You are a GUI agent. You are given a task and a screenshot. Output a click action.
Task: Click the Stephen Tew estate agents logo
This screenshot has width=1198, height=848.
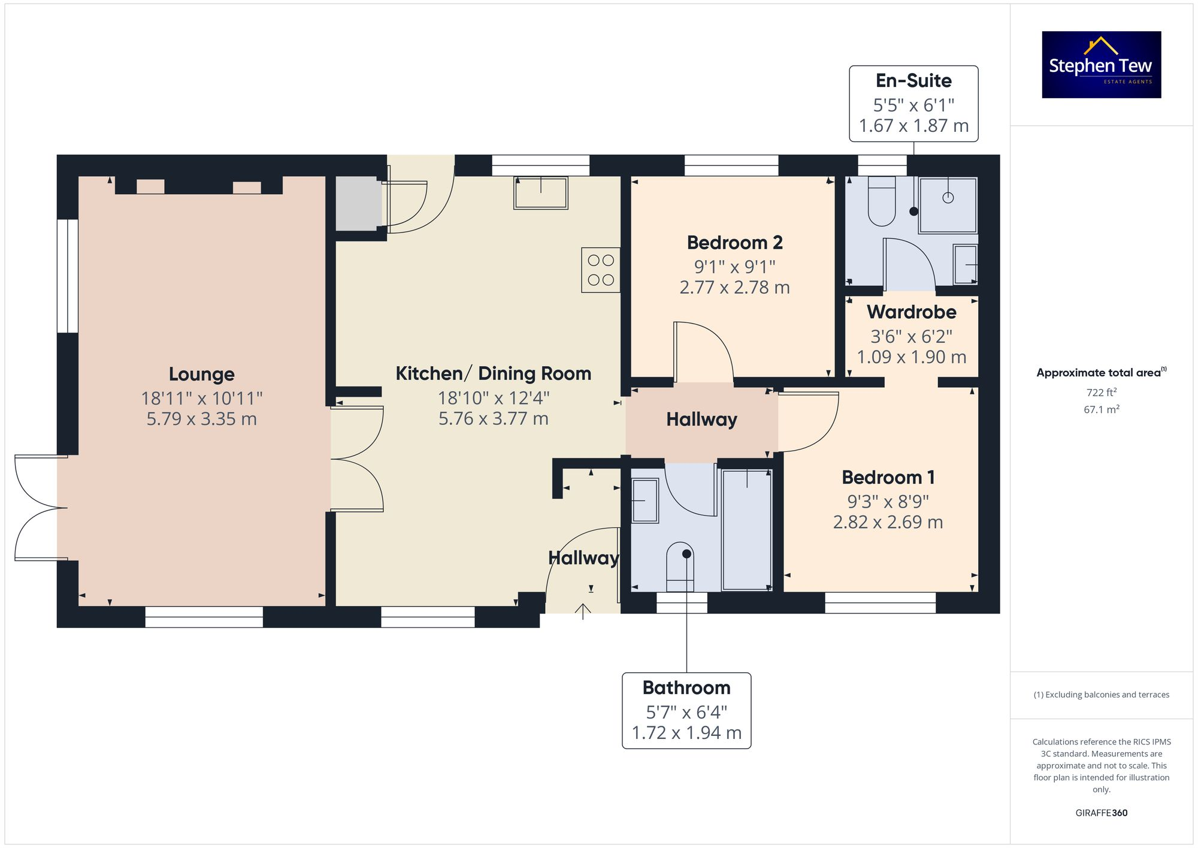coord(1101,65)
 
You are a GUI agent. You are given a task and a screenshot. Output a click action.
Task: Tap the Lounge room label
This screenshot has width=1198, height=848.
coord(201,374)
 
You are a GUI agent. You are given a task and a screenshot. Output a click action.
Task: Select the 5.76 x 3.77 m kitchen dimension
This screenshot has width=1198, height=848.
coord(493,418)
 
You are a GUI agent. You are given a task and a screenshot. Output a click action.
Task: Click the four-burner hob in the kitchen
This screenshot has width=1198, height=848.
coord(601,270)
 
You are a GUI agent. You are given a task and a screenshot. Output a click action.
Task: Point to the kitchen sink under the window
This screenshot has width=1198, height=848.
coord(540,193)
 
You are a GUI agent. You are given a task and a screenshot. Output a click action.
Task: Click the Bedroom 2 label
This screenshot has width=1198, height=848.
coord(734,243)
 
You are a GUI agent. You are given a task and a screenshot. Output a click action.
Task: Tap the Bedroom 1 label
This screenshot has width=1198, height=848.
coord(888,478)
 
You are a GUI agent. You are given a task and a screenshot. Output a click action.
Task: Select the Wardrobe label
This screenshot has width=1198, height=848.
coord(911,312)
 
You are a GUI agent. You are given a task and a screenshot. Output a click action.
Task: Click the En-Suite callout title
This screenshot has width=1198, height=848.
coord(913,81)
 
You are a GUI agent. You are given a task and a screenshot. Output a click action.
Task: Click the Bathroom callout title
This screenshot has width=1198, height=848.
coord(686,687)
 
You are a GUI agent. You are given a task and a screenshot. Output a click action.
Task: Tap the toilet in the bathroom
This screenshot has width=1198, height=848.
coord(680,567)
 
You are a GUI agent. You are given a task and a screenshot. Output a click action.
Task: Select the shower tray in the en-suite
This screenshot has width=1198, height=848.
coord(948,205)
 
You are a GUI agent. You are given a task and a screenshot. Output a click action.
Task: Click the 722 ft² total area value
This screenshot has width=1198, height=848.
coord(1101,393)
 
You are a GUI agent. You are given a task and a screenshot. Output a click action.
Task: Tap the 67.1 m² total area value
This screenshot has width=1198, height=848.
coord(1101,409)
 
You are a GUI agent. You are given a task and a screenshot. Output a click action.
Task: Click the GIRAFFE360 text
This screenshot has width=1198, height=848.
coord(1101,813)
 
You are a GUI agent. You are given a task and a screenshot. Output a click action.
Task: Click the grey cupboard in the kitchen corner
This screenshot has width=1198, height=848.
coord(358,204)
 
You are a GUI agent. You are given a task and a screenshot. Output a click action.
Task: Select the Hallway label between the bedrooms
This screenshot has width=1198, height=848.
coord(701,420)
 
